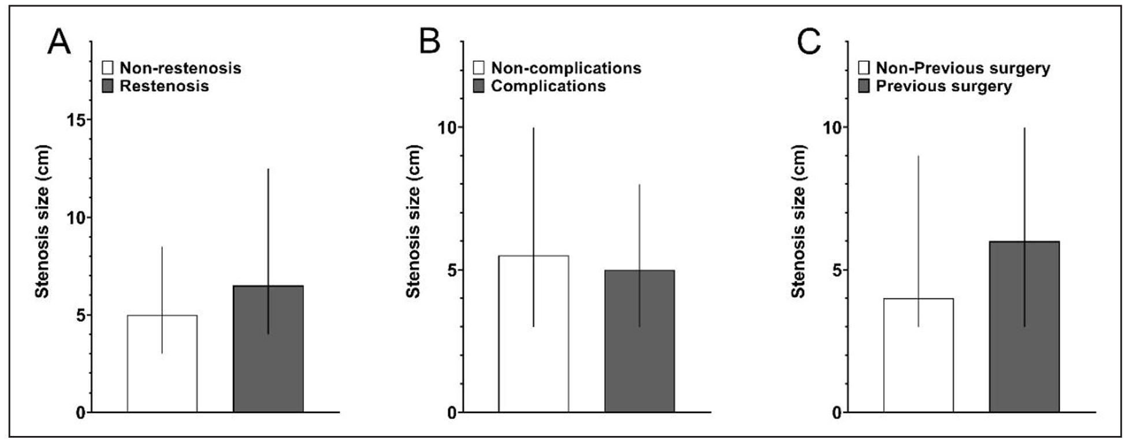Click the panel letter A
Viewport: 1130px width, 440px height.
tap(59, 42)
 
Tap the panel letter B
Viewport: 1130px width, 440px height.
tap(429, 42)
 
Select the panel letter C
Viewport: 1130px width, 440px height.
tap(809, 42)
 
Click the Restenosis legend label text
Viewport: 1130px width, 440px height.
tap(164, 86)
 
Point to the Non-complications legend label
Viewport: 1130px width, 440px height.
tap(566, 68)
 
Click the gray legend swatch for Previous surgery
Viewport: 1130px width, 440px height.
tap(864, 87)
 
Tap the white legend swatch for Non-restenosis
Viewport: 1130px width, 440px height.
tap(107, 68)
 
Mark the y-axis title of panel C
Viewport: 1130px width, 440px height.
tap(798, 221)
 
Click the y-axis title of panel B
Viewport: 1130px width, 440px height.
tap(413, 221)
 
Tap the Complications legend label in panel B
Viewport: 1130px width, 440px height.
tap(548, 86)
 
